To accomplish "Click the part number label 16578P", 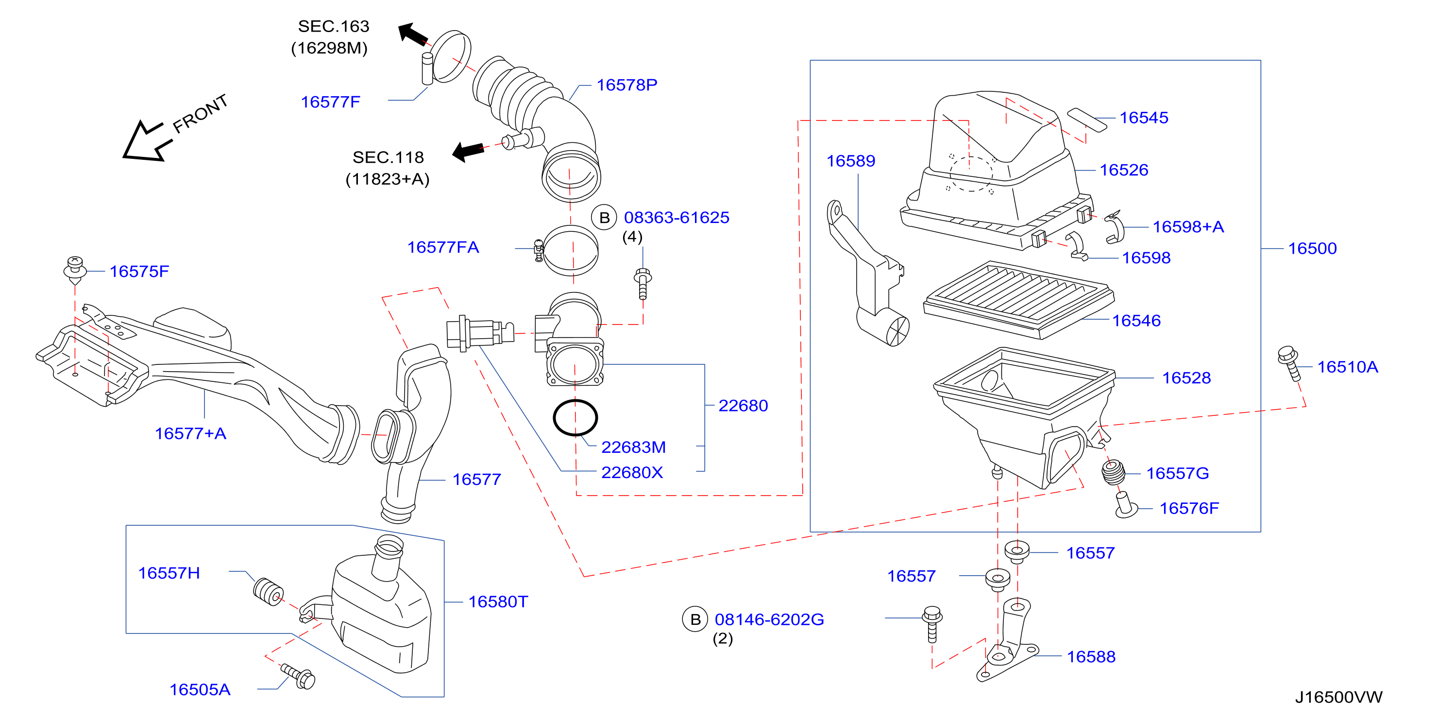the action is (627, 85).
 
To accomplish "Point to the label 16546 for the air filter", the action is (1136, 321).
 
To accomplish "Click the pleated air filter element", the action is (1018, 299).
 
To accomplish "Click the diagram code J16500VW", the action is (1338, 697).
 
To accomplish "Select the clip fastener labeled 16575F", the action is (75, 270).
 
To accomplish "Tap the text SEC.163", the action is (333, 26).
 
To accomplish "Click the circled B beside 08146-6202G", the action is (695, 619).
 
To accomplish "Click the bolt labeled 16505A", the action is (298, 676).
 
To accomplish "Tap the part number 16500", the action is (1312, 249).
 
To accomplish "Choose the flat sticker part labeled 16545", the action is (1086, 120).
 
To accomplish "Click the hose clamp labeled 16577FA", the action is (569, 250).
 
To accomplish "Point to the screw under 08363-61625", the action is (643, 284).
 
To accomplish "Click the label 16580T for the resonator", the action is (498, 602).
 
